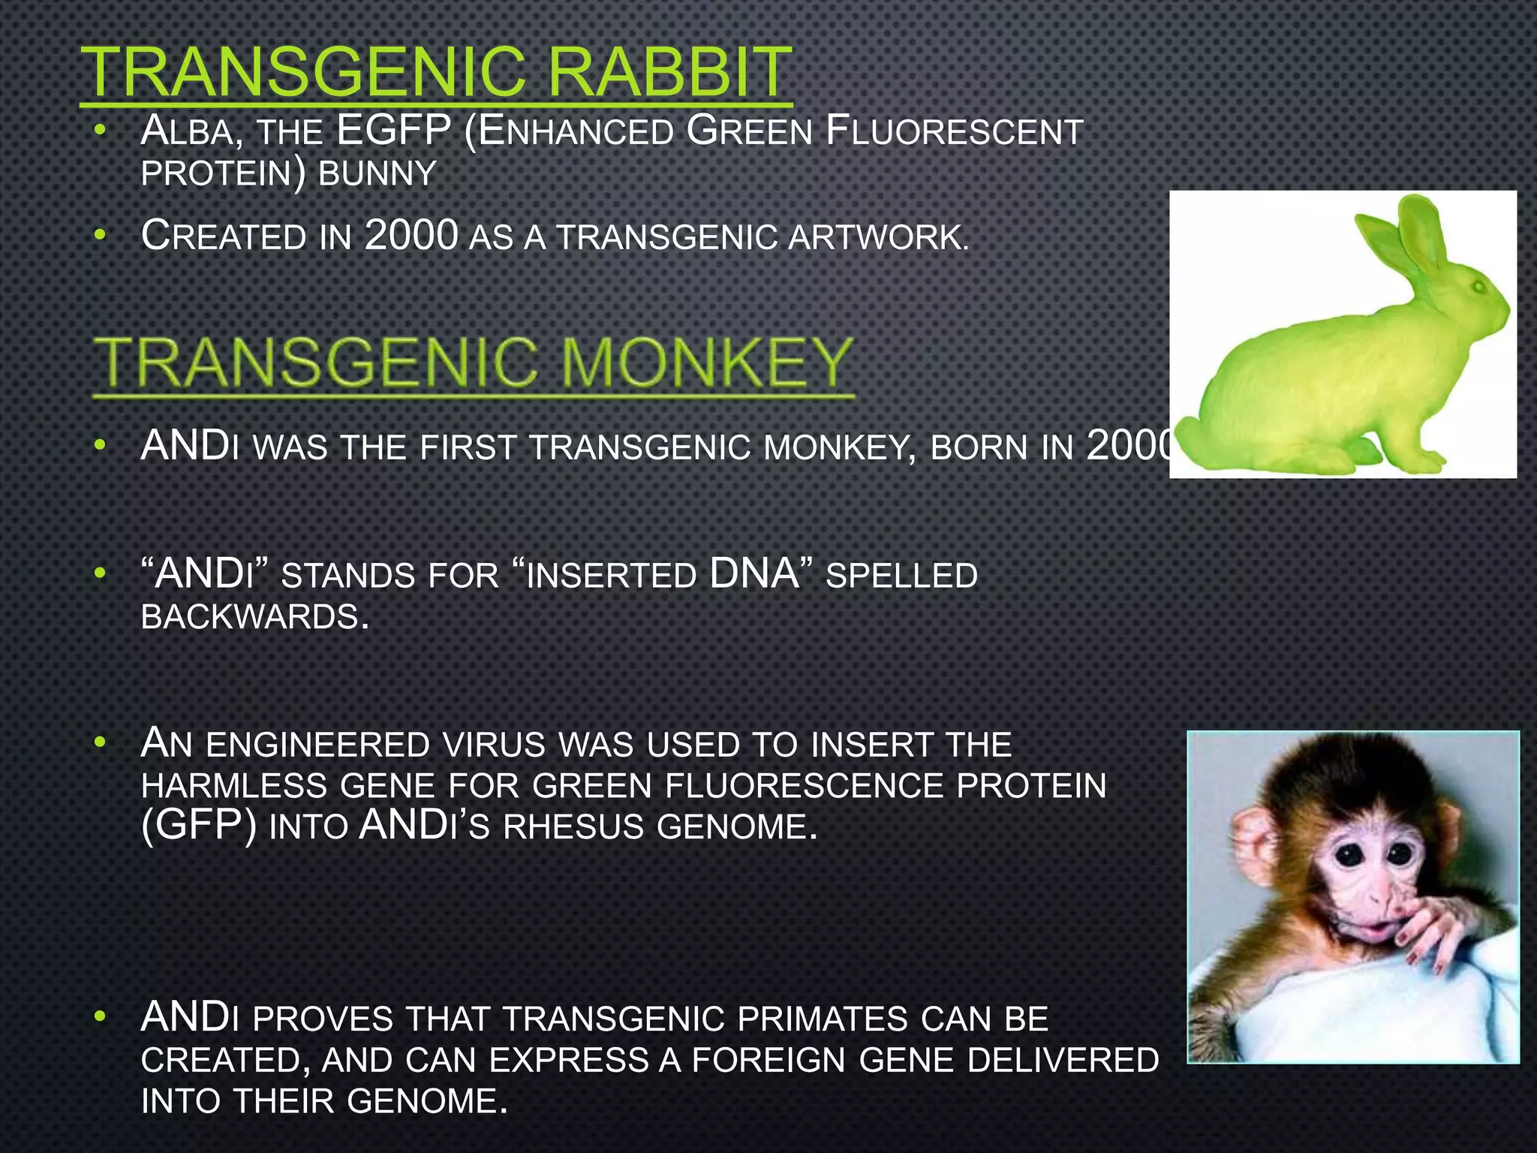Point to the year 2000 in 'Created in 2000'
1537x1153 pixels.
point(411,236)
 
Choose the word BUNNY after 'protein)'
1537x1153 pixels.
point(377,174)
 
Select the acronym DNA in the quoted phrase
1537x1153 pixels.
point(754,574)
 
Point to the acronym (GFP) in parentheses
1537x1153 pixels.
point(199,826)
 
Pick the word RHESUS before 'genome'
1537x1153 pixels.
point(574,827)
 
